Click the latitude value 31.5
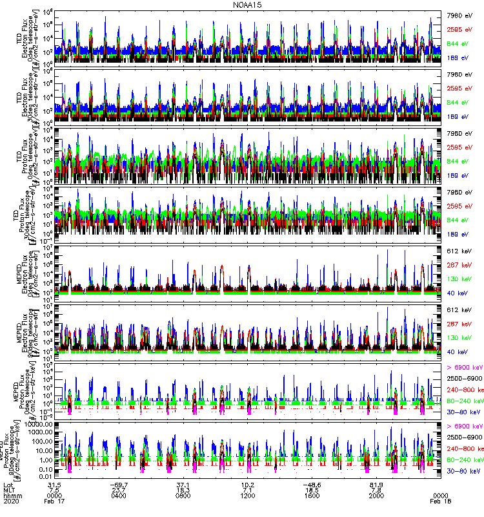pyautogui.click(x=55, y=483)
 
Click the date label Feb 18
pyautogui.click(x=440, y=501)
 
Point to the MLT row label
pyautogui.click(x=9, y=489)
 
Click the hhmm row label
pyautogui.click(x=11, y=495)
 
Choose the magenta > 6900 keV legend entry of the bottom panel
pyautogui.click(x=464, y=427)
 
